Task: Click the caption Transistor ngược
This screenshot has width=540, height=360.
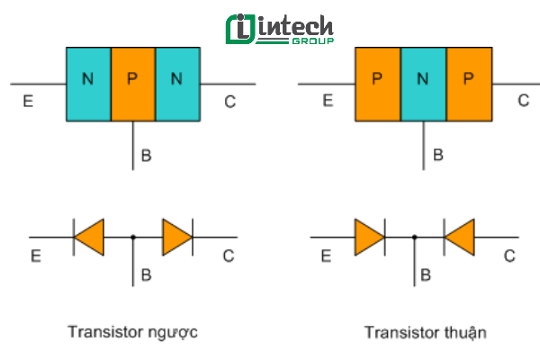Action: coord(132,332)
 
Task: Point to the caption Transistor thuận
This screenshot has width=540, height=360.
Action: coord(426,332)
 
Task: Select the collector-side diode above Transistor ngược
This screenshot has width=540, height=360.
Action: coord(177,237)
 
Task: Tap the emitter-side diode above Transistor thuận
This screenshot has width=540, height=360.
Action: coord(370,237)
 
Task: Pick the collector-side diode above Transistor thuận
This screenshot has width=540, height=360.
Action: coord(459,237)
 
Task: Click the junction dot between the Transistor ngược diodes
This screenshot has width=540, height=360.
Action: coord(133,238)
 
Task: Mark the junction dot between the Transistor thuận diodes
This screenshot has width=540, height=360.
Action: coord(414,238)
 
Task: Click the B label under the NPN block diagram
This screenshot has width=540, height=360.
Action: coord(147,156)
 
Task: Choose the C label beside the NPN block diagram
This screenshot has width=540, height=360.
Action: coord(229,102)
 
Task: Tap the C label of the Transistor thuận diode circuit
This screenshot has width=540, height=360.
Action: coord(508,256)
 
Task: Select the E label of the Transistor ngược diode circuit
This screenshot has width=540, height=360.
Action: coord(36,257)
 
